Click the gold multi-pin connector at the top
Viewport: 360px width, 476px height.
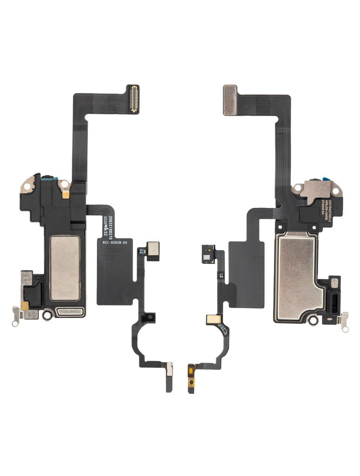click(x=133, y=99)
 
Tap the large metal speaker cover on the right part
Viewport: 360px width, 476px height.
click(x=298, y=276)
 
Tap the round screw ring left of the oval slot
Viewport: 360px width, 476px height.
click(x=47, y=315)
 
